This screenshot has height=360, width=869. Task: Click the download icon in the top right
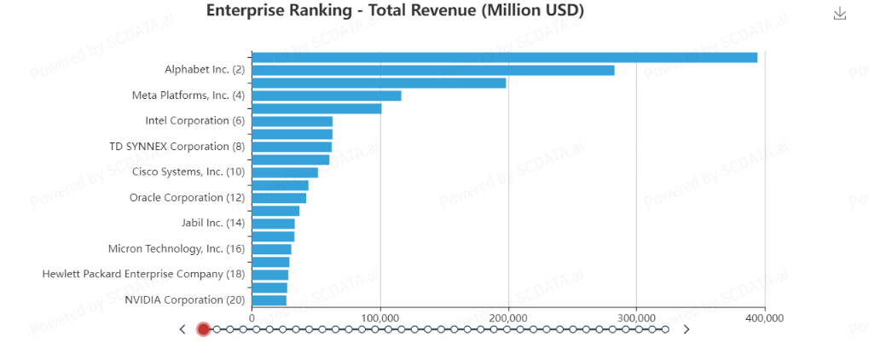click(839, 13)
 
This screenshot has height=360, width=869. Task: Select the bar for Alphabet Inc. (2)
click(432, 70)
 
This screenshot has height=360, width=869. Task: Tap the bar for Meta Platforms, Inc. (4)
click(326, 96)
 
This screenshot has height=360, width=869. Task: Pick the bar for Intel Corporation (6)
click(292, 121)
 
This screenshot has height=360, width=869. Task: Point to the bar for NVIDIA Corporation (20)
click(269, 300)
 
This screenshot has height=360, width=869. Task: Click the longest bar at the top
click(504, 57)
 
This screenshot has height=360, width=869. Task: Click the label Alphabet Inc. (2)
click(205, 70)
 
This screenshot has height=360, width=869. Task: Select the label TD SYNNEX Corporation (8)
click(177, 147)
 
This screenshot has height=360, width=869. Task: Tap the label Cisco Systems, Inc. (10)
click(188, 172)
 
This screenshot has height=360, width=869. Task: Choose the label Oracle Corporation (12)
click(188, 198)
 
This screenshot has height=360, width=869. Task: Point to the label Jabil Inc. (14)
click(213, 224)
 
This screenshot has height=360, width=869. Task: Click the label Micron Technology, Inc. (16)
click(177, 249)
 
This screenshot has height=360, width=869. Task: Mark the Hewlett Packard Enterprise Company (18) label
click(143, 275)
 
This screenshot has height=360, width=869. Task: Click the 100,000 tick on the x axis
click(380, 318)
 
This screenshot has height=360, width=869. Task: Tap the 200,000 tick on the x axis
click(508, 318)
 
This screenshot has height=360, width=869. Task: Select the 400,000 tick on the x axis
click(764, 318)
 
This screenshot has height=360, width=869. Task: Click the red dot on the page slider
click(203, 329)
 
